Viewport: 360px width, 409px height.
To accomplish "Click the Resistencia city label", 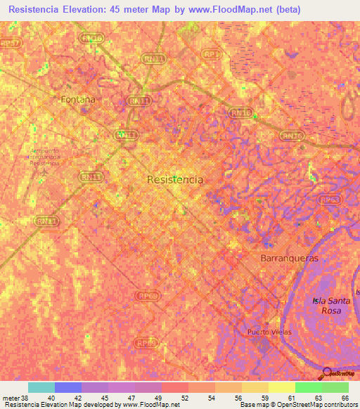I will pos(175,180).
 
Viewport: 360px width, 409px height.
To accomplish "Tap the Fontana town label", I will pos(77,100).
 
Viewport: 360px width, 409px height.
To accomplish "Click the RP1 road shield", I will pos(210,53).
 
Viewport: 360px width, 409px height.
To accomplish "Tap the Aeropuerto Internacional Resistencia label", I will pos(45,156).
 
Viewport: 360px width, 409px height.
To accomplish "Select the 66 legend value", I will pos(344,398).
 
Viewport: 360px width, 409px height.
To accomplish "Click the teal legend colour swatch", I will pos(41,387).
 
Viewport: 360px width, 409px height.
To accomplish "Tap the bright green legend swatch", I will pos(308,387).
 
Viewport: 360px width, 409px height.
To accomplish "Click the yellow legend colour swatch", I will pos(281,387).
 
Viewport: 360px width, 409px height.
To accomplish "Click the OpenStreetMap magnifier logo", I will pos(326,372).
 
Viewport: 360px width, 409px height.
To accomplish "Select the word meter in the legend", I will pos(8,398).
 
